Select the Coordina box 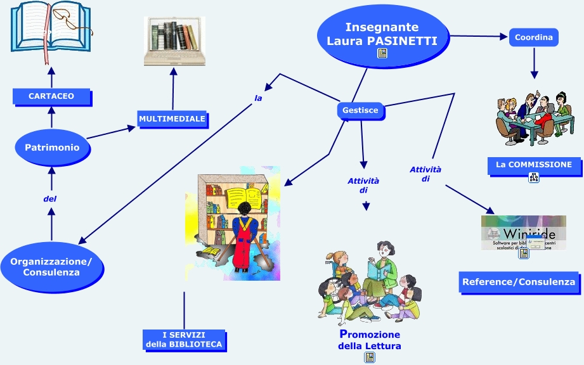point(533,37)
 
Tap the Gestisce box point(360,110)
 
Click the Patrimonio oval point(52,147)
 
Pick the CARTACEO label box point(51,96)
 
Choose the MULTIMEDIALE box point(172,118)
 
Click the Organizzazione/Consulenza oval point(51,267)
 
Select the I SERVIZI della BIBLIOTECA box point(184,340)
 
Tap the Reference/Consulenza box point(519,282)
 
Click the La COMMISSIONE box point(533,165)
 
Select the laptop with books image point(174,41)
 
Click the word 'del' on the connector point(50,199)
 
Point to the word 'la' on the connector point(258,98)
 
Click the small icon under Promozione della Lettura point(369,357)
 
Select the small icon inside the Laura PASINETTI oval point(382,53)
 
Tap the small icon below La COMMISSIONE point(533,178)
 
